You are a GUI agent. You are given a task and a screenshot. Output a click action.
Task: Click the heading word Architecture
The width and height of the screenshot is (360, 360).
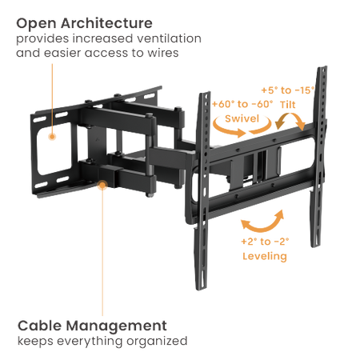(106, 23)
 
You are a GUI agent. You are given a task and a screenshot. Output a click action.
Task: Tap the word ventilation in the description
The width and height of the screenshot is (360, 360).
(169, 38)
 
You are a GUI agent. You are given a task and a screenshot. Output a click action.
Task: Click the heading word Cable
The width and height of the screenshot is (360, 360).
(40, 326)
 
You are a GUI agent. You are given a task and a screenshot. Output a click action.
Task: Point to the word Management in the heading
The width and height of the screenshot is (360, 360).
(116, 326)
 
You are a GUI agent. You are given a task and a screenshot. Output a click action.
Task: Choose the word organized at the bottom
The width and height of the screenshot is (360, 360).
(157, 342)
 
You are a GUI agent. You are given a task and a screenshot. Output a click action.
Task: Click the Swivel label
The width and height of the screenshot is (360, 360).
(242, 118)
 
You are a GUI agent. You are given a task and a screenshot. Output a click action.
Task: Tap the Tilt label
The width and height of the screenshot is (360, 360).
(288, 104)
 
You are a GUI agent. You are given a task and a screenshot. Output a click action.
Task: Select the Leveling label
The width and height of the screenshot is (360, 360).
(265, 256)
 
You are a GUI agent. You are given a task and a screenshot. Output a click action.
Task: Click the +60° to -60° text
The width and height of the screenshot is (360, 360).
(242, 104)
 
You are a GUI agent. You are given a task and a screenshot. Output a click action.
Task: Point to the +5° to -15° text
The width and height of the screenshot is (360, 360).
(288, 90)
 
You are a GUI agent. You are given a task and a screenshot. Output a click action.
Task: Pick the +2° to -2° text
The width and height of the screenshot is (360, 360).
(265, 242)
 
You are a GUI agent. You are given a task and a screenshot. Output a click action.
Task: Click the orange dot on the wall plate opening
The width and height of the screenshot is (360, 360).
(52, 137)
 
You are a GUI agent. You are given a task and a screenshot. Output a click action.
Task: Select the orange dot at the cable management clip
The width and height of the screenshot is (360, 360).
(102, 185)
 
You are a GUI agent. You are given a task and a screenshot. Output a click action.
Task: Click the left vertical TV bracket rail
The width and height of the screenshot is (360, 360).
(203, 190)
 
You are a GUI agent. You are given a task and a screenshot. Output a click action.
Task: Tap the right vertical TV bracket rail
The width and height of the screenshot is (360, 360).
(319, 156)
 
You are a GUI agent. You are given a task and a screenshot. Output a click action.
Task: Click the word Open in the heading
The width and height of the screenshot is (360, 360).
(37, 24)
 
